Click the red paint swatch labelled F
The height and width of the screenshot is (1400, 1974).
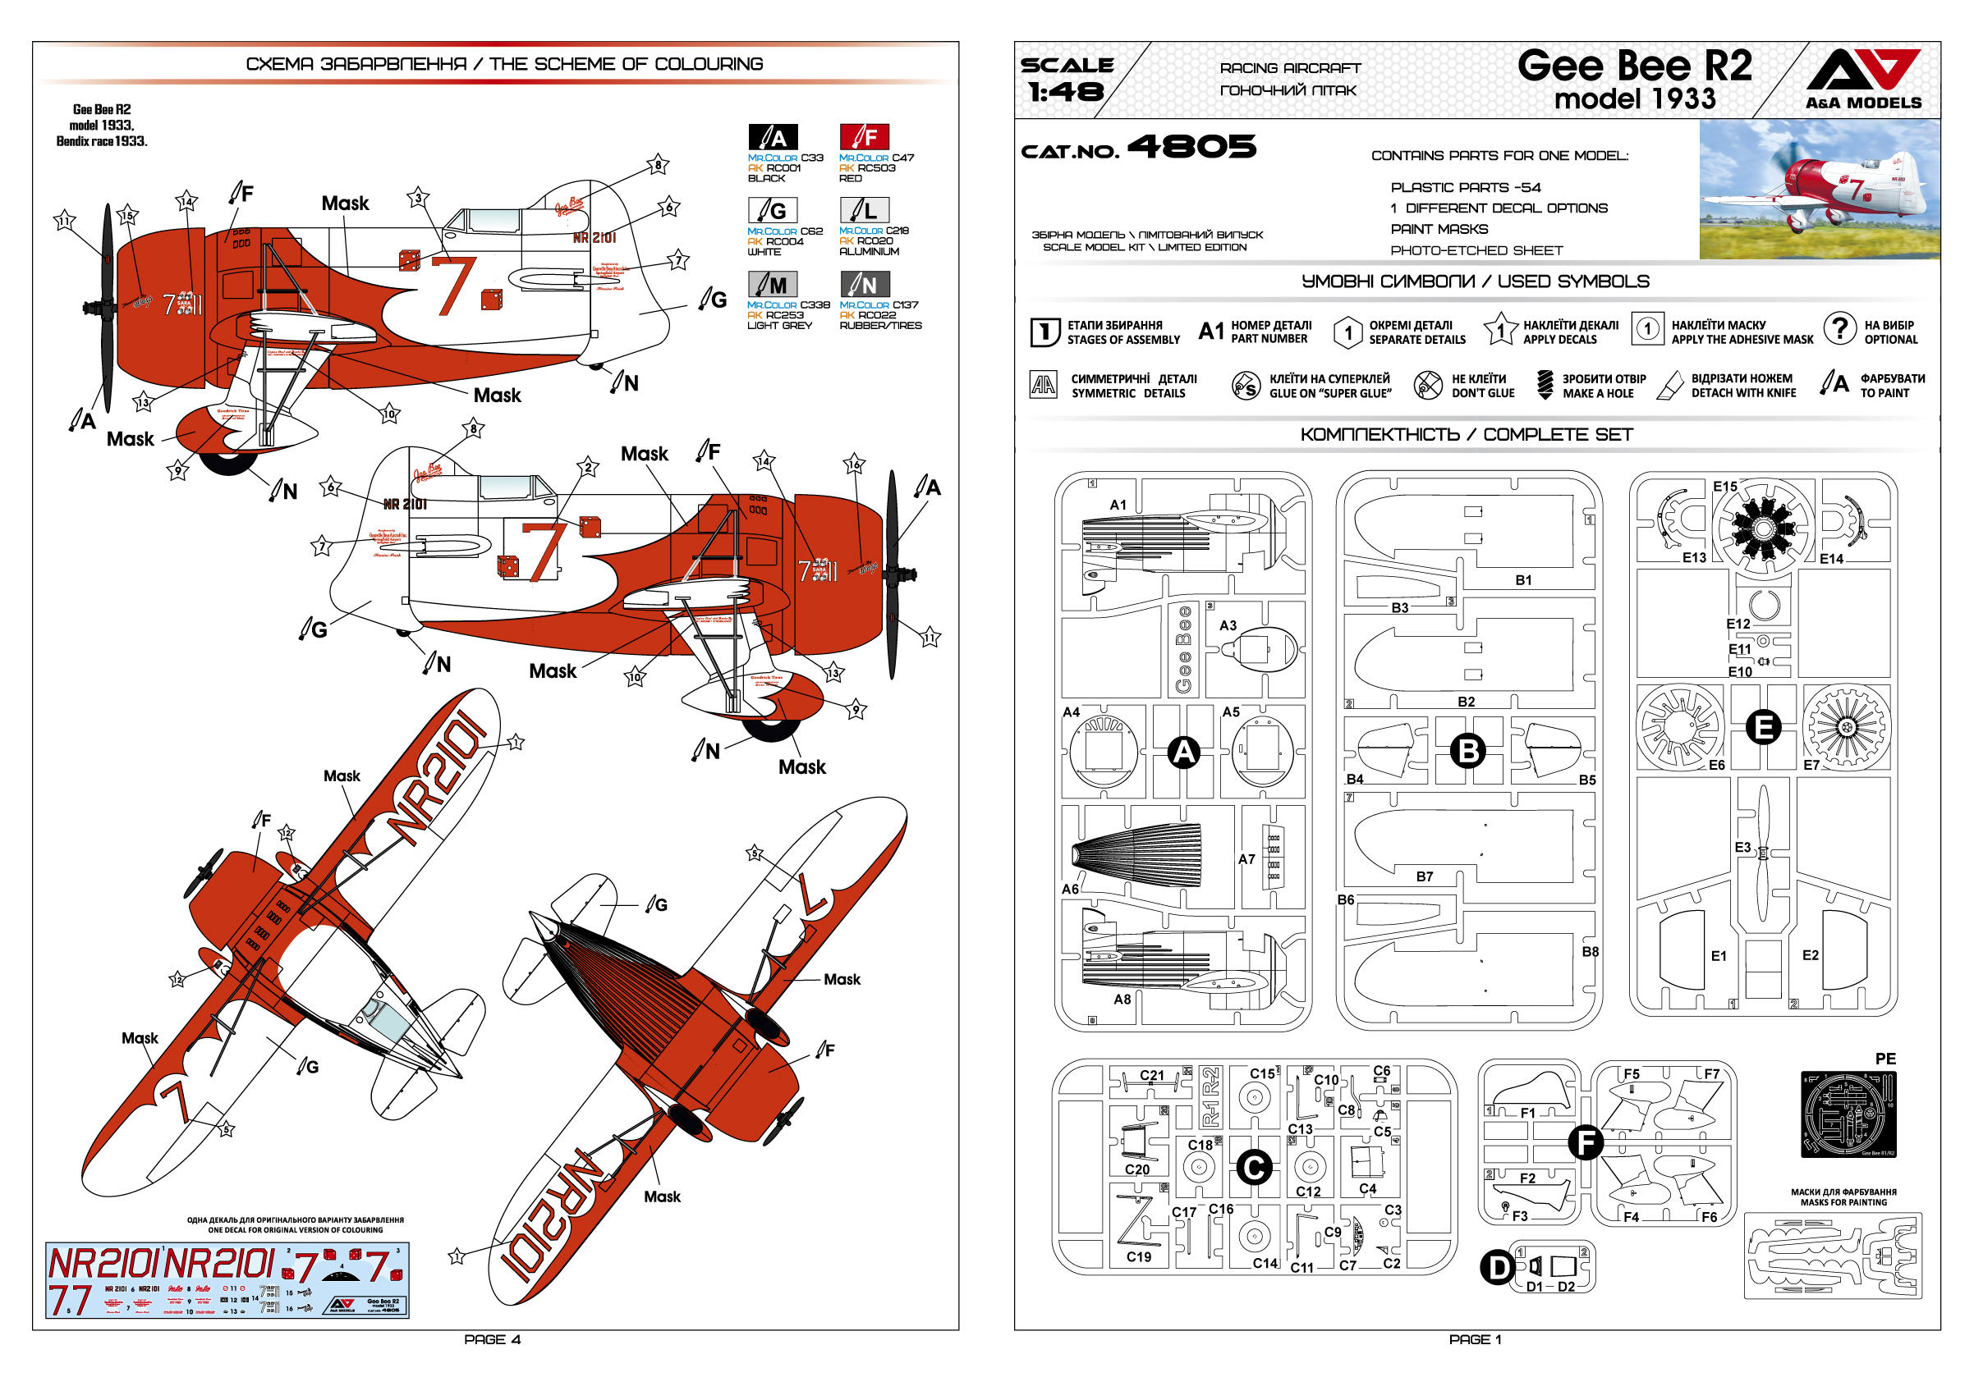click(863, 137)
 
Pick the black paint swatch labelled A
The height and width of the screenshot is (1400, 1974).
click(772, 137)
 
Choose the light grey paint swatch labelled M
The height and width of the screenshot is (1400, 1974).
click(772, 285)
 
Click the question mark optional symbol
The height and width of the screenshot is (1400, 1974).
click(1839, 328)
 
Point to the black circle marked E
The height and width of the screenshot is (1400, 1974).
click(1763, 727)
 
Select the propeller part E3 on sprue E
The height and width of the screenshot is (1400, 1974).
click(1762, 853)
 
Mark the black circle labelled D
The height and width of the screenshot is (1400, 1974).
click(1497, 1267)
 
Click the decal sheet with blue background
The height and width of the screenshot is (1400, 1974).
click(227, 1279)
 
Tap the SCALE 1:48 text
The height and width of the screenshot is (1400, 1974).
click(1066, 80)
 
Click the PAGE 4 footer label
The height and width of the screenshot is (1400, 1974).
click(492, 1338)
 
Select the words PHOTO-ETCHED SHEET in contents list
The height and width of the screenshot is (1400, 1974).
click(1476, 251)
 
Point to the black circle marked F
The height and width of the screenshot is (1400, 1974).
click(1585, 1142)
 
